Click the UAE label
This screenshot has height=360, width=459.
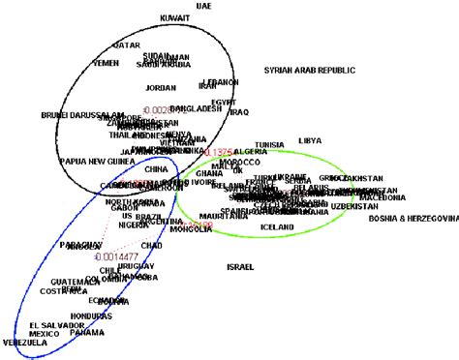202,6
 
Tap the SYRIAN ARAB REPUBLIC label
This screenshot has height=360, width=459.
310,71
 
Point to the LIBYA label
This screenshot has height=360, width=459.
310,140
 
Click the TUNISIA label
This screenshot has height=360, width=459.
269,145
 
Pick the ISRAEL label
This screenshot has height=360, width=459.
241,266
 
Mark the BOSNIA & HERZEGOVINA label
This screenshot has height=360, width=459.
413,219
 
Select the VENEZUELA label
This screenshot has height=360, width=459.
24,343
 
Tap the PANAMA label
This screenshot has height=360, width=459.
87,332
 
